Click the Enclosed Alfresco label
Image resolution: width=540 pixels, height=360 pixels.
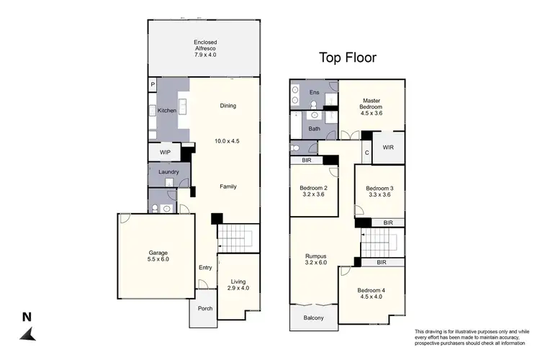205,48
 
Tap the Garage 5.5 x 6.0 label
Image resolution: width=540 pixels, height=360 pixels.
158,256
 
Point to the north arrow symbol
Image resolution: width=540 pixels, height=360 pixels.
27,333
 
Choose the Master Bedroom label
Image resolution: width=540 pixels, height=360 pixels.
372,107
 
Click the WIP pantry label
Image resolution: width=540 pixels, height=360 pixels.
164,153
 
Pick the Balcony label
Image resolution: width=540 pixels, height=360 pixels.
313,318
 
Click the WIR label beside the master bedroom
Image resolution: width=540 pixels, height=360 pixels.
388,148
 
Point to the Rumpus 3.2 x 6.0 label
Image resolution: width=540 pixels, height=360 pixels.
315,258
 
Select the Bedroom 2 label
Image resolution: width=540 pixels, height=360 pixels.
314,192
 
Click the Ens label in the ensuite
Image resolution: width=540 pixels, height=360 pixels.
314,93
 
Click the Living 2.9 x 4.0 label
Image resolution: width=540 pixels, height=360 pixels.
238,284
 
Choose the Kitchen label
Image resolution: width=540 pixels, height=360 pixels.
166,111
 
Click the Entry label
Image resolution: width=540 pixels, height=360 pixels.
205,268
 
